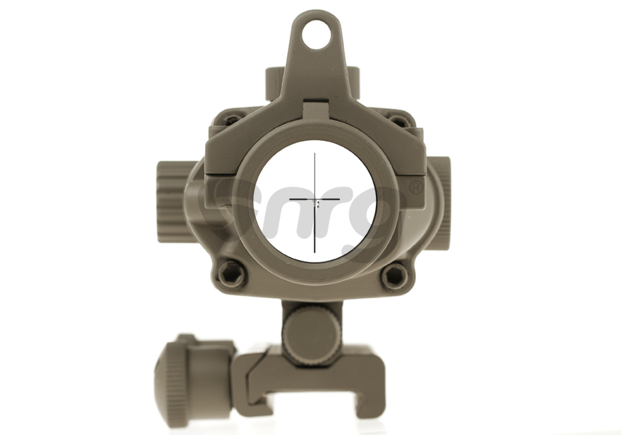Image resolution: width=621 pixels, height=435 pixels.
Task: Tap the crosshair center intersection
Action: click(x=315, y=199)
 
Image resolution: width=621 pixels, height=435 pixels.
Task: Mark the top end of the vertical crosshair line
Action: click(x=315, y=154)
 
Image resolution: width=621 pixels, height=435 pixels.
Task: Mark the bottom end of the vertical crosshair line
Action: click(x=315, y=252)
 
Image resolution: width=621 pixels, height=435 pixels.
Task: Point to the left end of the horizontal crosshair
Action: click(x=290, y=199)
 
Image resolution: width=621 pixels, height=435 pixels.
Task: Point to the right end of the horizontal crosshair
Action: click(x=340, y=199)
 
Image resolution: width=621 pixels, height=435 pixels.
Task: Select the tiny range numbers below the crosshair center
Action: click(x=318, y=205)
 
